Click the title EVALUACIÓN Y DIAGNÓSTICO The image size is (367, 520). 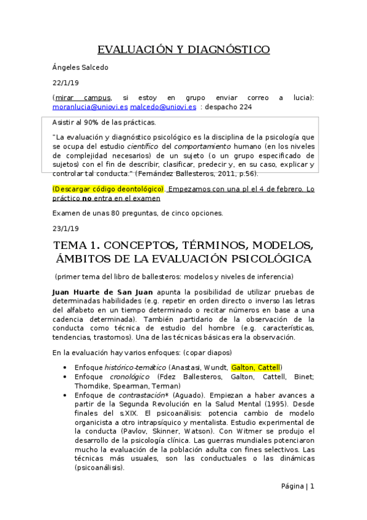click(184, 49)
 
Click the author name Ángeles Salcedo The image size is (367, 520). click(80, 67)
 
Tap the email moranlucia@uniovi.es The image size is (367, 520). click(90, 107)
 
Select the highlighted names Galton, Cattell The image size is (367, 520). click(257, 367)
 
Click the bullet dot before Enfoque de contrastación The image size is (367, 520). click(65, 396)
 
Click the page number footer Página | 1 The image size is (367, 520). click(297, 486)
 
